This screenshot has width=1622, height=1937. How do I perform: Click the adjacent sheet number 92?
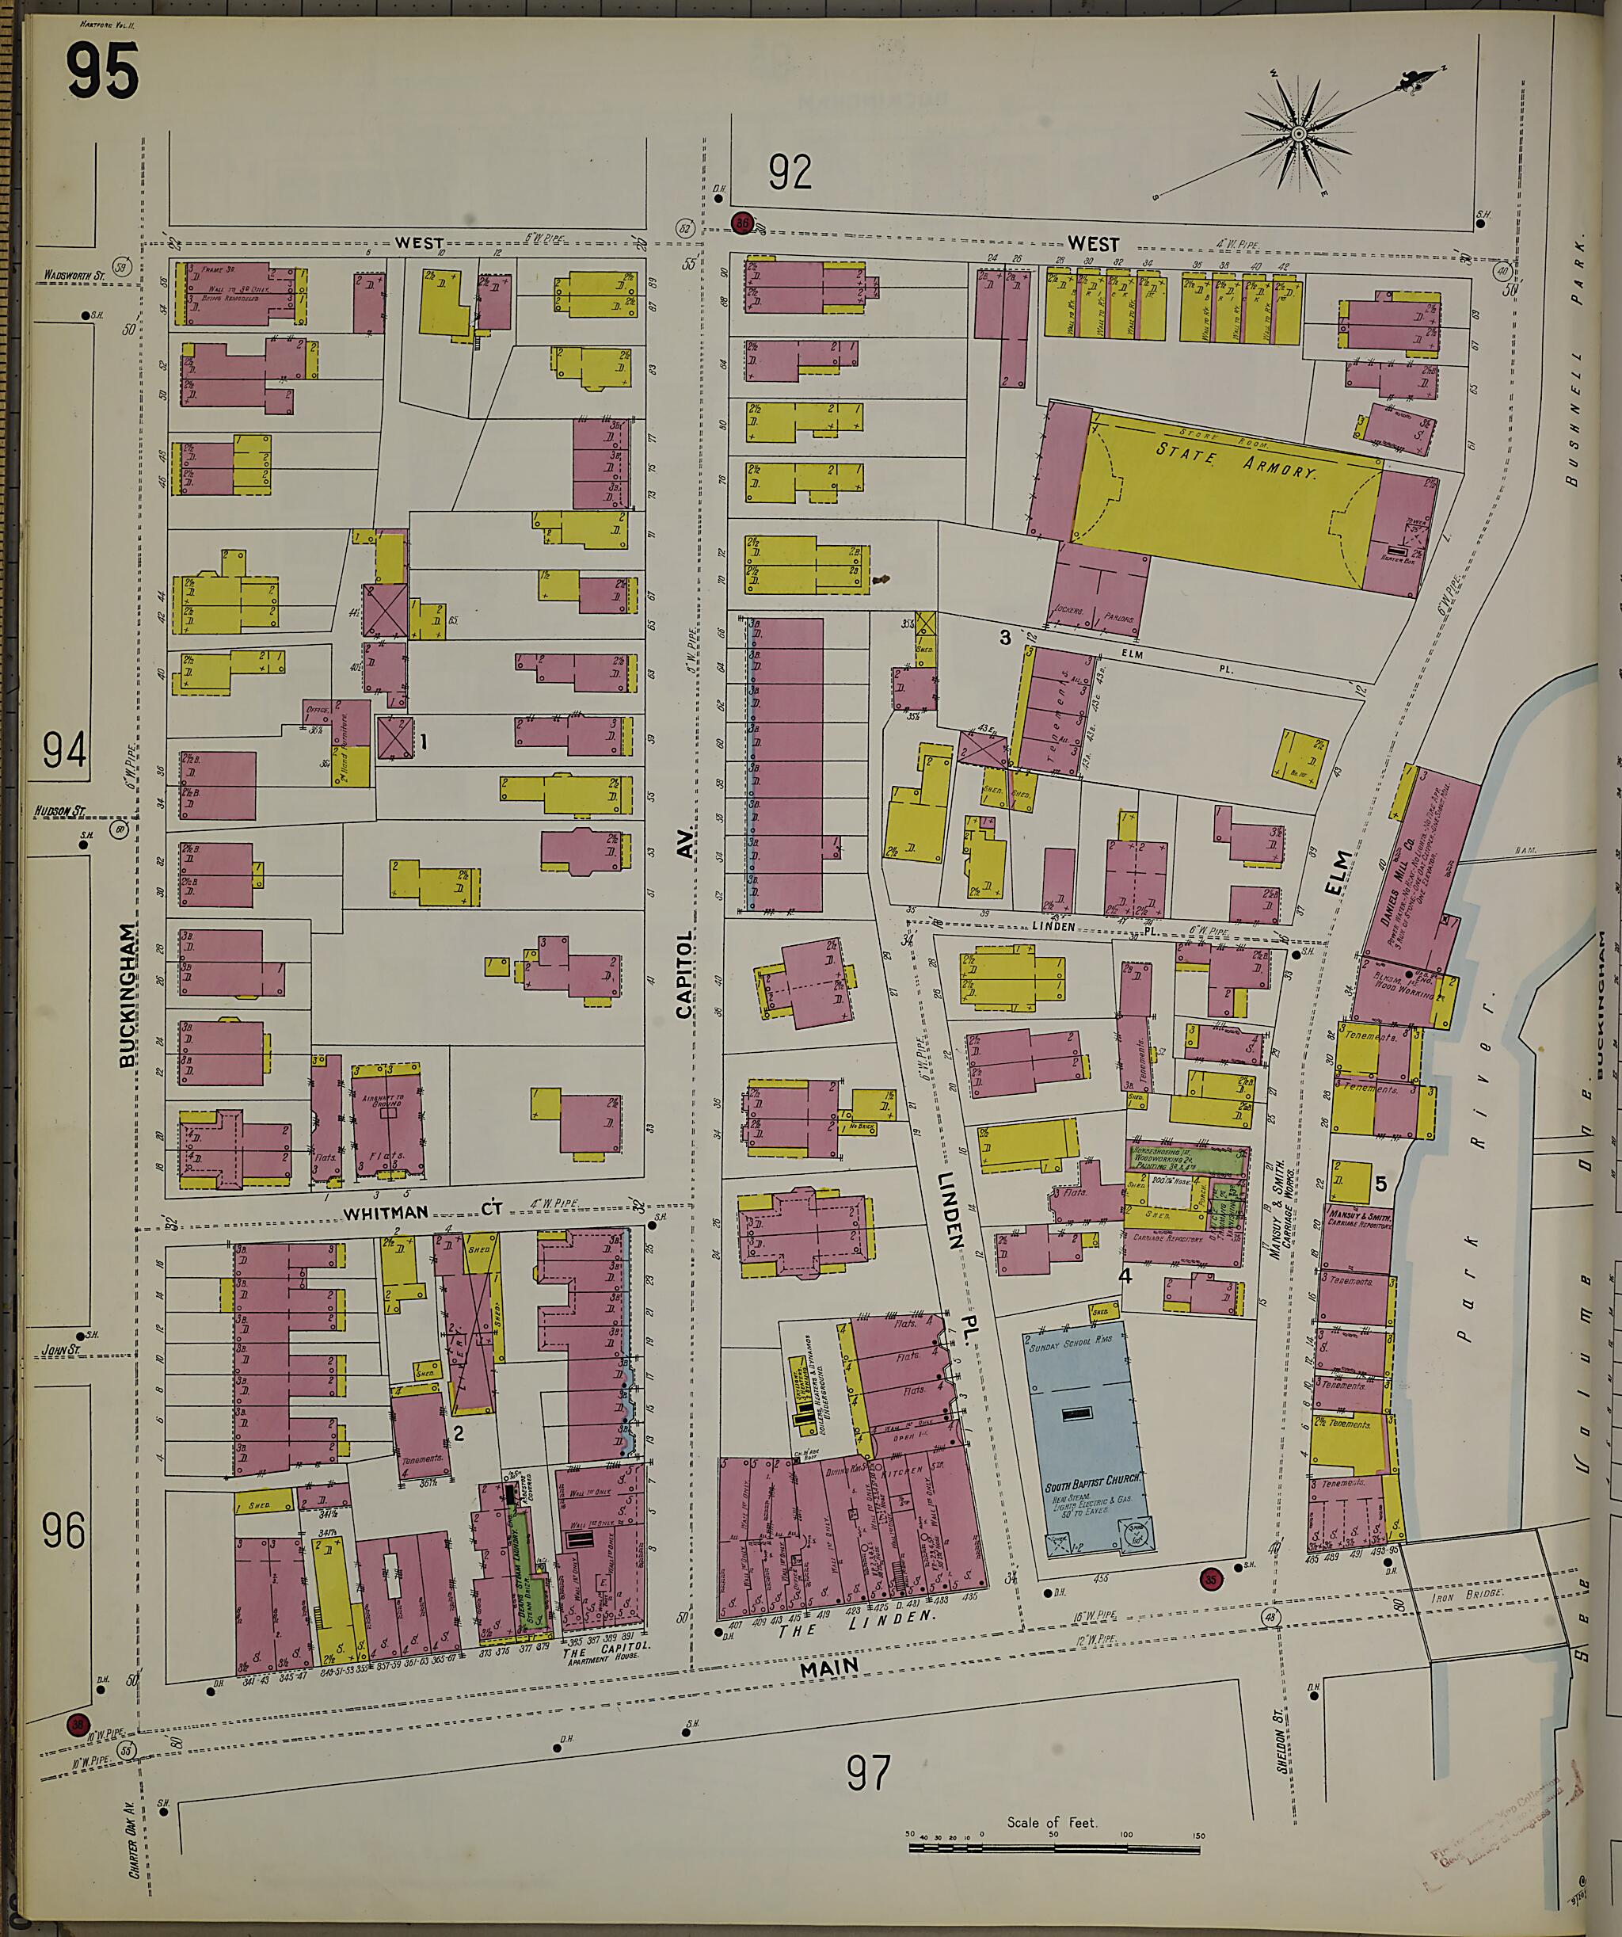point(790,173)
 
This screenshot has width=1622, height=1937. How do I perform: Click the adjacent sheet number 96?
point(63,1532)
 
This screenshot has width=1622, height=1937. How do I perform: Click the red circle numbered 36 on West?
point(741,223)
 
